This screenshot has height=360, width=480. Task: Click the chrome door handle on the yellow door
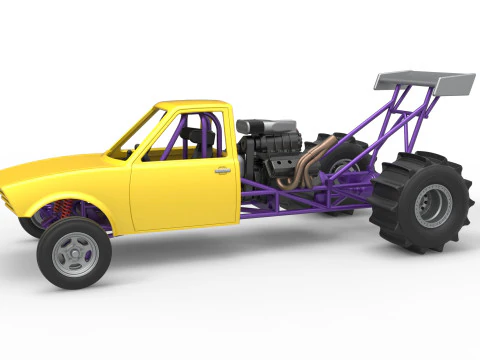coord(222,171)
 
